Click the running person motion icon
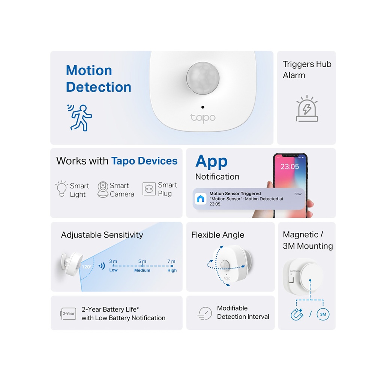tap(80, 117)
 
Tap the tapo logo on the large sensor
tap(203, 117)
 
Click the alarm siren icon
tap(307, 109)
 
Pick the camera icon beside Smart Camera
tap(103, 189)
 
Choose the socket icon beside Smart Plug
tap(149, 189)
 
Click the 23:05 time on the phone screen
tap(289, 166)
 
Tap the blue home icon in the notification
tap(201, 199)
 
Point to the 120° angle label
tap(86, 267)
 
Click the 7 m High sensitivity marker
tap(172, 266)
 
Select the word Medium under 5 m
tap(142, 270)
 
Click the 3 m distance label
tap(113, 261)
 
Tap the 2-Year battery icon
tap(68, 313)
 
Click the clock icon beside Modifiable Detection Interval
tap(205, 313)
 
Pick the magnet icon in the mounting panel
tap(297, 314)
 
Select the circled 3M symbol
tap(323, 314)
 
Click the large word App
tap(211, 161)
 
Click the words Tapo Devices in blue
tap(144, 161)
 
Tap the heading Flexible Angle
tap(217, 235)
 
